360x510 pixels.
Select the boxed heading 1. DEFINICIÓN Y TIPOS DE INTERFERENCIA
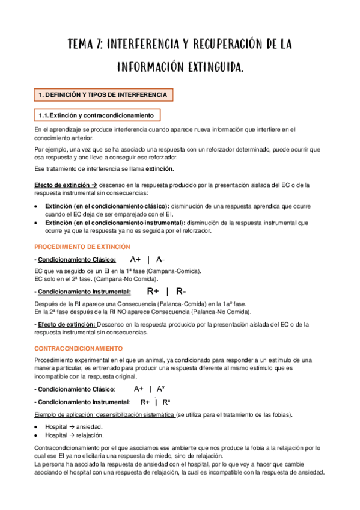coord(103,95)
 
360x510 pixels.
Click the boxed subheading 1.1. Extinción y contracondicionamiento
coord(97,115)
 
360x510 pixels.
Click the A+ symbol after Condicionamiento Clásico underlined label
coord(135,260)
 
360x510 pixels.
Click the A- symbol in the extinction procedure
coord(160,260)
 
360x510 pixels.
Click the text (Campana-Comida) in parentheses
coord(178,271)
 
